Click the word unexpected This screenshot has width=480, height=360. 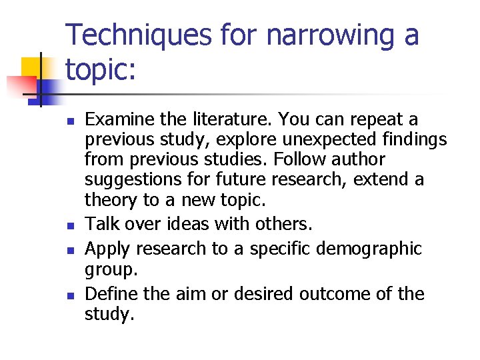(x=317, y=140)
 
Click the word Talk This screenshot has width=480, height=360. (x=101, y=224)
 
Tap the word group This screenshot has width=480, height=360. (x=111, y=269)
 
